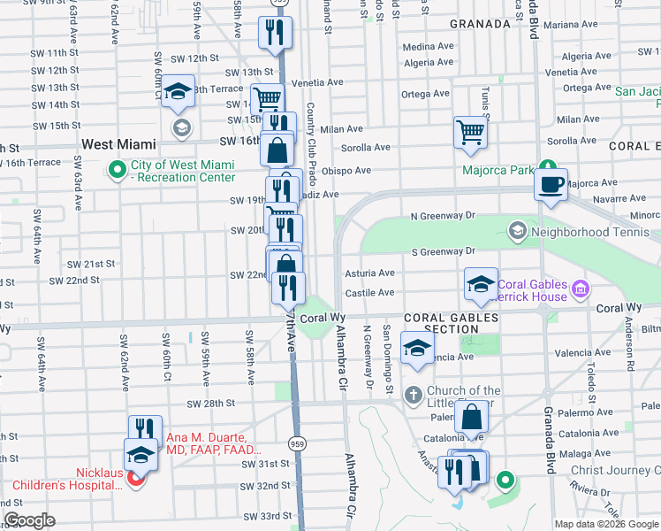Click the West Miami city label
point(118,143)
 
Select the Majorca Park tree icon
point(548,167)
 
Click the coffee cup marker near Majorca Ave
point(551,184)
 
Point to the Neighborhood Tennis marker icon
point(518,232)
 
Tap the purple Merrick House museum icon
point(580,289)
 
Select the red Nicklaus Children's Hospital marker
point(135,480)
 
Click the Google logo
point(29,520)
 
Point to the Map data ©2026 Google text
point(605,524)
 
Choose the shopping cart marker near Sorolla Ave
point(471,133)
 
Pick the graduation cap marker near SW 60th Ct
point(178,91)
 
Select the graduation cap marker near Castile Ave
point(481,283)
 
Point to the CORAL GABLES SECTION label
point(441,323)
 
